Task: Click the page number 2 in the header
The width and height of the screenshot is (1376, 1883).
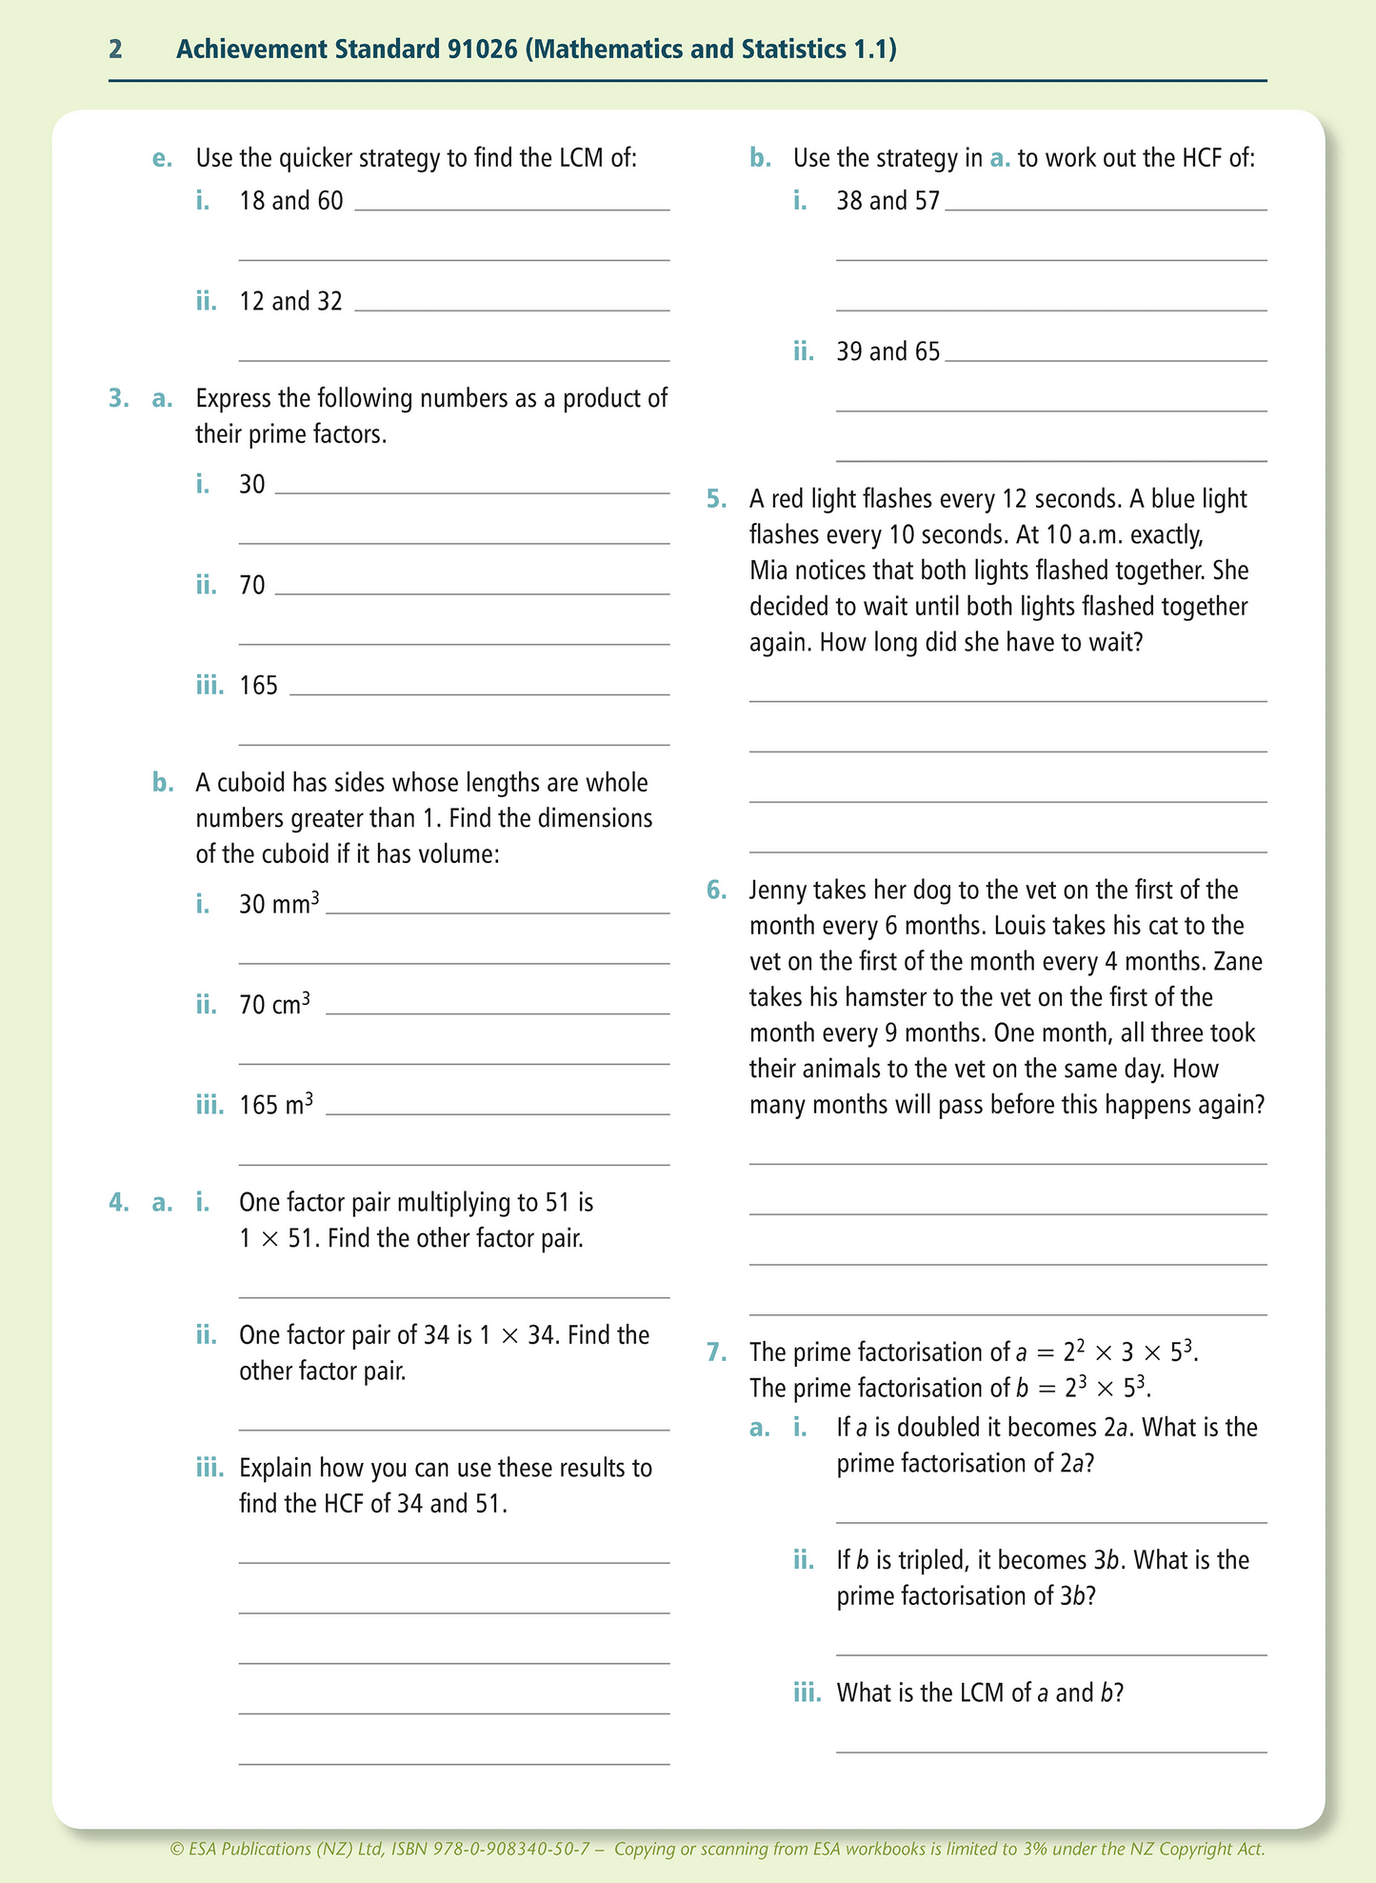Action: tap(115, 50)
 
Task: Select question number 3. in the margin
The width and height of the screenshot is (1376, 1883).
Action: tap(118, 398)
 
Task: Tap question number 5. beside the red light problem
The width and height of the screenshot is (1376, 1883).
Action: tap(716, 499)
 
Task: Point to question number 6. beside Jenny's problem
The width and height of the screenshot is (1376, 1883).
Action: tap(716, 891)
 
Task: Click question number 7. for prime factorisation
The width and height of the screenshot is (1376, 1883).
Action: tap(716, 1352)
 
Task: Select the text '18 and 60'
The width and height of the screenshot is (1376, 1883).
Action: tap(290, 201)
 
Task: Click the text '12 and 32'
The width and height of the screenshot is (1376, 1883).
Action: tap(290, 302)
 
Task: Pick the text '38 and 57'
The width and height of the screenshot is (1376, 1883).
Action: tap(887, 201)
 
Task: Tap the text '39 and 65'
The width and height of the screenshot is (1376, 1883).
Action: tap(887, 352)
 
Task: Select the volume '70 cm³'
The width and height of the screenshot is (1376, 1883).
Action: tap(274, 1004)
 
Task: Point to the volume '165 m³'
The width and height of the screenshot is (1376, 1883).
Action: tap(276, 1105)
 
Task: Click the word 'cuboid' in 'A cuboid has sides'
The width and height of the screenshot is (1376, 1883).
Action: tap(252, 783)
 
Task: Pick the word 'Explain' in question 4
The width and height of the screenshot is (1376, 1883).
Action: tap(276, 1469)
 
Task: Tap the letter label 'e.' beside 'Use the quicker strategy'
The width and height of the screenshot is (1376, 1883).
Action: tap(163, 158)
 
